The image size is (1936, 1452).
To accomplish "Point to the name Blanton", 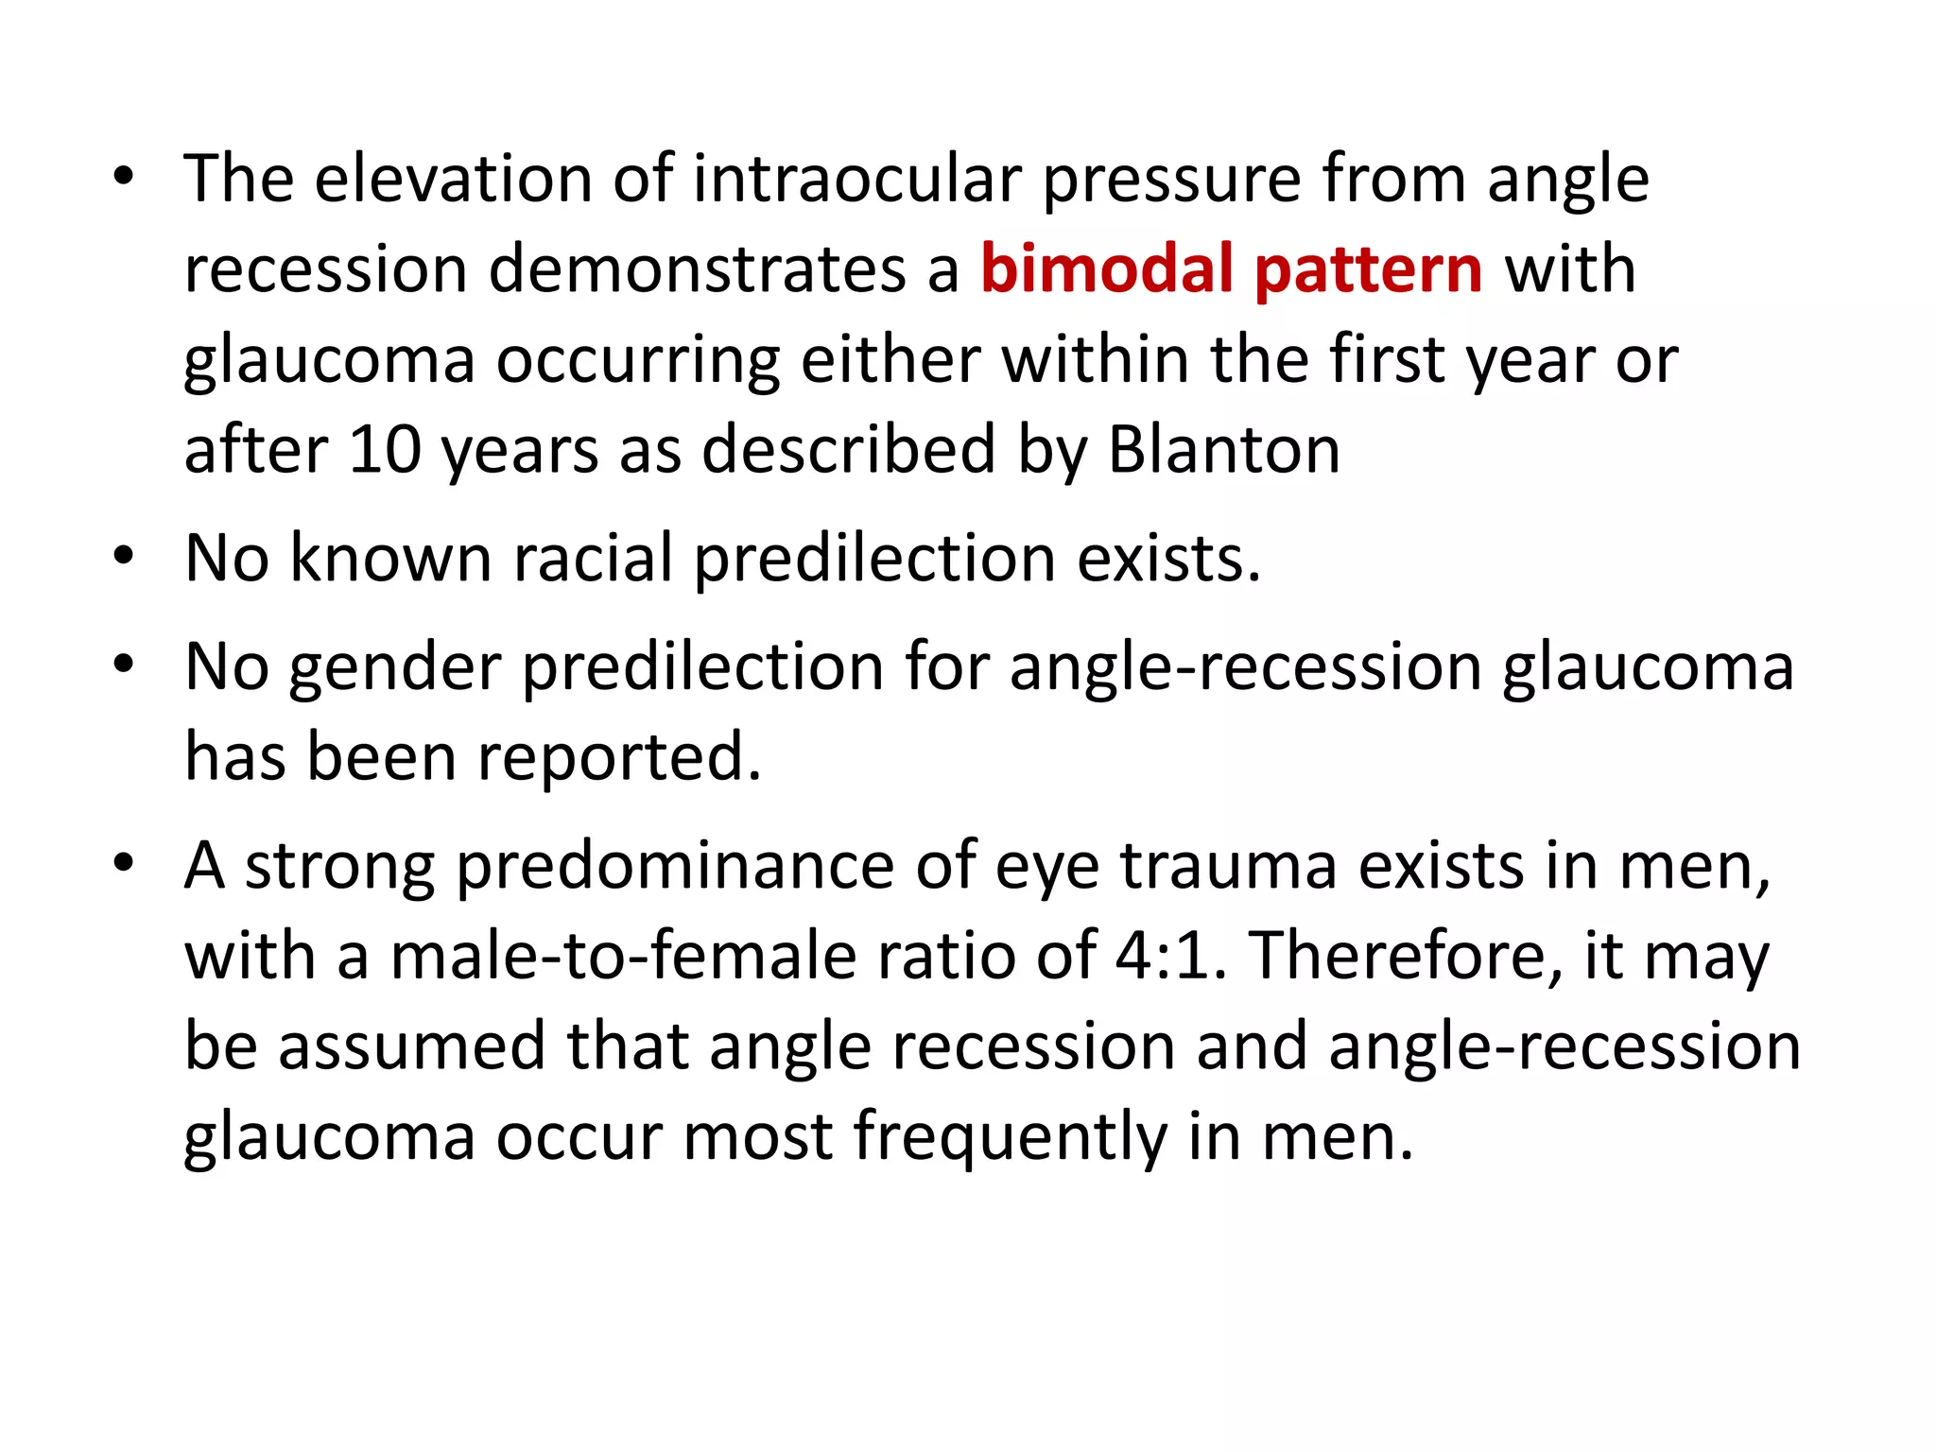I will coord(1223,450).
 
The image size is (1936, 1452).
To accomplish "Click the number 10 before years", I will coord(385,450).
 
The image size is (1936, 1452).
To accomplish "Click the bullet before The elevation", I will coord(122,177).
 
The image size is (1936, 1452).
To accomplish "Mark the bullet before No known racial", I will coord(122,557).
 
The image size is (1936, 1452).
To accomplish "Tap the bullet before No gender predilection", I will coord(122,665).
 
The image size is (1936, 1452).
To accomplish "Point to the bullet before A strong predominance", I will coord(122,864).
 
